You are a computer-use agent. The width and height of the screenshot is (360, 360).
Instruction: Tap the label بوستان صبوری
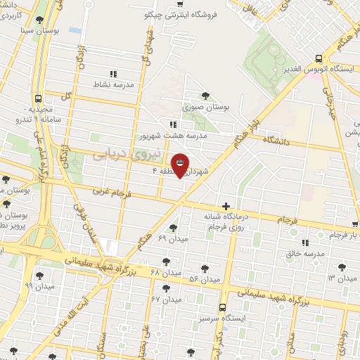pyautogui.click(x=207, y=108)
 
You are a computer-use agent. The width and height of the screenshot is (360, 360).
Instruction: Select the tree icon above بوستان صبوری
pyautogui.click(x=205, y=96)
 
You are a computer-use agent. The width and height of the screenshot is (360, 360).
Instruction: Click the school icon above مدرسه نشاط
pyautogui.click(x=112, y=72)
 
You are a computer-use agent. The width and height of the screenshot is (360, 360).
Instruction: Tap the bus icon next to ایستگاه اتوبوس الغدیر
pyautogui.click(x=319, y=59)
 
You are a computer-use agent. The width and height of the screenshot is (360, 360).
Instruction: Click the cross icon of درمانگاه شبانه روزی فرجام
pyautogui.click(x=225, y=206)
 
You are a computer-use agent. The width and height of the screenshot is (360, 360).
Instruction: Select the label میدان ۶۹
pyautogui.click(x=172, y=239)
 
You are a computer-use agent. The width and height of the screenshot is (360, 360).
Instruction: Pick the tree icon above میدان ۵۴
pyautogui.click(x=205, y=268)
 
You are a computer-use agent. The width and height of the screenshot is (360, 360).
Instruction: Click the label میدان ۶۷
pyautogui.click(x=166, y=300)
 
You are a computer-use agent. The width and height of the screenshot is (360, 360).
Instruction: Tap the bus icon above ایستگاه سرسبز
pyautogui.click(x=222, y=307)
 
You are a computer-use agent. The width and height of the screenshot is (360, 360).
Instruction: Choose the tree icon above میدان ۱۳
pyautogui.click(x=342, y=267)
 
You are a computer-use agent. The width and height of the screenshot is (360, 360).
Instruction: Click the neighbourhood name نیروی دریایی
pyautogui.click(x=127, y=153)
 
